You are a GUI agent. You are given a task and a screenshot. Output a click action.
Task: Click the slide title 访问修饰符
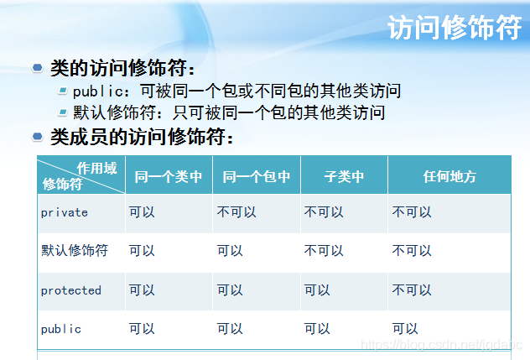click(455, 29)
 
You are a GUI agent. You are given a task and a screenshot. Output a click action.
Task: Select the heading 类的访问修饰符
click(122, 68)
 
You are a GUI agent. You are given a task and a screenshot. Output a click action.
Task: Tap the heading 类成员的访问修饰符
click(141, 136)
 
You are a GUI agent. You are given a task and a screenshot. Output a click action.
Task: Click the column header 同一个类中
click(169, 176)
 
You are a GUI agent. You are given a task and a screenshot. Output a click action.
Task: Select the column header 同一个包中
click(257, 176)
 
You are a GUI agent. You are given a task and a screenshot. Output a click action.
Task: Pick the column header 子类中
click(344, 176)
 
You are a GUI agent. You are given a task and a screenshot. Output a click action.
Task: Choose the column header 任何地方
click(449, 176)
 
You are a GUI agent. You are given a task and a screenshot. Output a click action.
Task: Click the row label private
click(65, 212)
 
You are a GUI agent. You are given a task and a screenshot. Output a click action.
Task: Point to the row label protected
click(71, 290)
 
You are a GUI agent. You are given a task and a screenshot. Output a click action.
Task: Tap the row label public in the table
click(61, 329)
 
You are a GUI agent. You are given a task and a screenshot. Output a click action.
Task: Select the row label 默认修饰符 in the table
click(75, 251)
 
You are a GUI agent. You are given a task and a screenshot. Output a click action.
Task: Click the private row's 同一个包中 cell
click(236, 212)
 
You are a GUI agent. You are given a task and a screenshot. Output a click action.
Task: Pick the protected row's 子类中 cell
click(317, 290)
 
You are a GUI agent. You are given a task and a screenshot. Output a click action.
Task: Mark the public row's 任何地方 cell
click(405, 329)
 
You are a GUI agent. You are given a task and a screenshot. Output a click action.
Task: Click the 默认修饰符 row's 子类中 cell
click(324, 251)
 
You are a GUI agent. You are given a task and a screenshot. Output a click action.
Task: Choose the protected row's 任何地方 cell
click(412, 290)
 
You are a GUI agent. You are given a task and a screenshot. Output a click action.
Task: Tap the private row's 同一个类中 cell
click(142, 212)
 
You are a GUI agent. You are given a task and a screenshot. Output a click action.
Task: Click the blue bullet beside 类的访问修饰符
click(37, 67)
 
